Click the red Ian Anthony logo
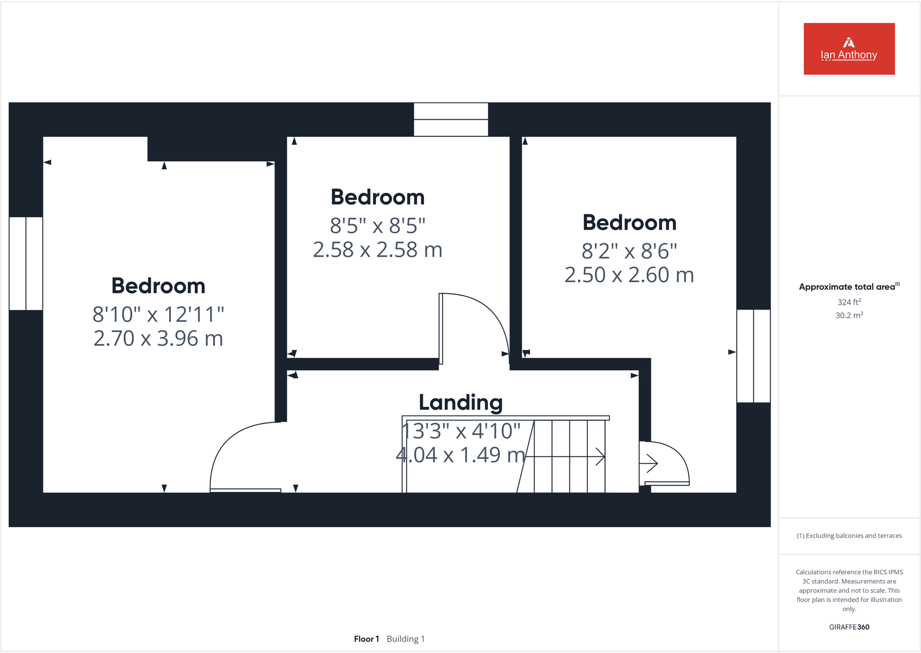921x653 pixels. point(849,49)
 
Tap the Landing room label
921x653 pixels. point(460,402)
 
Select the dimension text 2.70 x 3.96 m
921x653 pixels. point(158,338)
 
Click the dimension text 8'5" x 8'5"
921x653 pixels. point(378,225)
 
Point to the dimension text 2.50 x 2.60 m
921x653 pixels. point(629,275)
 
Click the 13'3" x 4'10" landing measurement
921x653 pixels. point(461,431)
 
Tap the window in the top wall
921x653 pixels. point(451,119)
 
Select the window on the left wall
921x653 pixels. point(26,264)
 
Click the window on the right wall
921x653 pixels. point(753,356)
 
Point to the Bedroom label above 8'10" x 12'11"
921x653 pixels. point(158,286)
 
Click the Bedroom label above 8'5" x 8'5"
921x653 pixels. point(378,198)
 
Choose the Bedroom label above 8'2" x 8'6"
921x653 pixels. point(629,223)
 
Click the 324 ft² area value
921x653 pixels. point(849,302)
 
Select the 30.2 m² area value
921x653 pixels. point(849,315)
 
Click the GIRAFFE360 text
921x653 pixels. point(849,627)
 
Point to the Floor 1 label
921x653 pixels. point(366,639)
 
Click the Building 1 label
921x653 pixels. point(405,639)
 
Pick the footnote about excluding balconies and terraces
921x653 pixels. point(849,536)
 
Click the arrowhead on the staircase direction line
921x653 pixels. point(601,457)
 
